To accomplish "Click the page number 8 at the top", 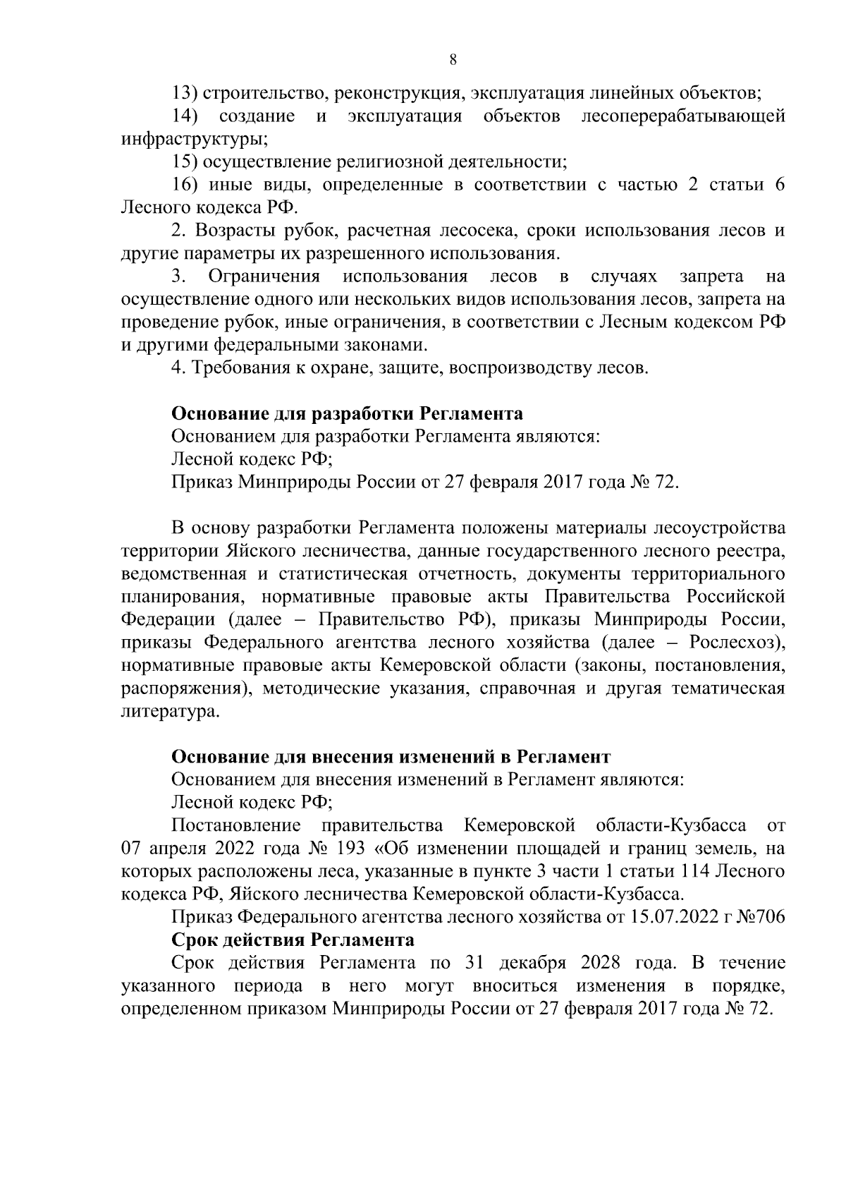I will coord(453,61).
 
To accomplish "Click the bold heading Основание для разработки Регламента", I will coord(348,413).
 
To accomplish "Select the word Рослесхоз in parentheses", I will coord(733,643).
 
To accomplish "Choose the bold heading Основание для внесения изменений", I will coord(391,758).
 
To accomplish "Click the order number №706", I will coord(758,918).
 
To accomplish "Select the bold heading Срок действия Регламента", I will coord(293,941).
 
